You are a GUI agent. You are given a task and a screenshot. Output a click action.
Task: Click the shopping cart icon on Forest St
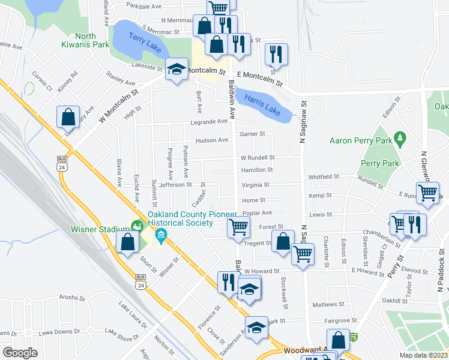coord(238,227)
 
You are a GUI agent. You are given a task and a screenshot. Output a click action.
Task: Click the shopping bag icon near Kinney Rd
coord(68,116)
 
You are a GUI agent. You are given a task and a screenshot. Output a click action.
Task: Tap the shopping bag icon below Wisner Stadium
coord(127,242)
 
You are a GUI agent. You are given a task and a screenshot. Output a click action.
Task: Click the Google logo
coord(20,353)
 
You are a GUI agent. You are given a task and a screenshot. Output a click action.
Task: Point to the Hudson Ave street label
coord(212,140)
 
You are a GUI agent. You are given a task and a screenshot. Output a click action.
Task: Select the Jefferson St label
coord(175,185)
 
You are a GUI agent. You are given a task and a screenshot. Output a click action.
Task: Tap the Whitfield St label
coord(324,177)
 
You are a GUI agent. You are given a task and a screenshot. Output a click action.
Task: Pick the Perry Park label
coord(380,163)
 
